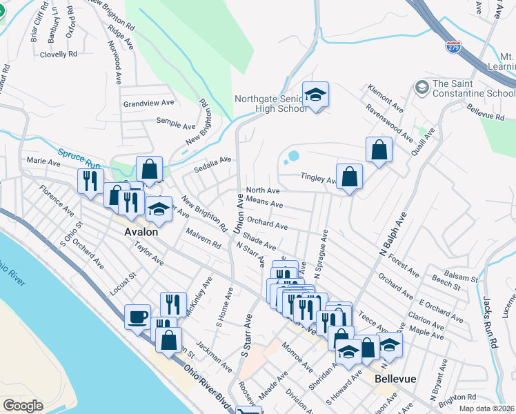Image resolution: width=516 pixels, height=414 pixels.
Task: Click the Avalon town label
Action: coord(141,232)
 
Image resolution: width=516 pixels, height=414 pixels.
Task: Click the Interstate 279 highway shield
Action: coord(453,47)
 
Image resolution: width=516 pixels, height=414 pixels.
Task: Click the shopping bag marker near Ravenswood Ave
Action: coord(379,150)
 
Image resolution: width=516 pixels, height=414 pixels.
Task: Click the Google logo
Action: coord(23,405)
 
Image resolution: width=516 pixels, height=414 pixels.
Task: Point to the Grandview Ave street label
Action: coord(148,103)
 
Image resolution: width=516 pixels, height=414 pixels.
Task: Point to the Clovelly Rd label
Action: coord(59,54)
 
